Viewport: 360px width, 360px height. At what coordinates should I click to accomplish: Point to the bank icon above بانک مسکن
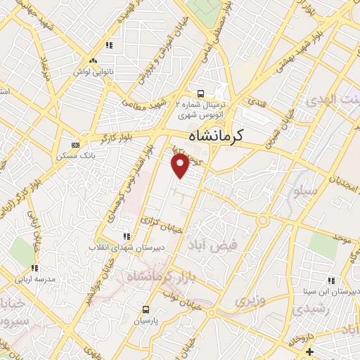75,144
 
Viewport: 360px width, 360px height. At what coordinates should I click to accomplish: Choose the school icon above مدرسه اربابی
34,268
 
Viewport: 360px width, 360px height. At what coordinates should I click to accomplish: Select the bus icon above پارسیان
146,309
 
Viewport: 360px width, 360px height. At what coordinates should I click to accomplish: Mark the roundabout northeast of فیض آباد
263,220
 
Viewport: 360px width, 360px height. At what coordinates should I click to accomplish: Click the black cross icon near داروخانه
309,351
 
